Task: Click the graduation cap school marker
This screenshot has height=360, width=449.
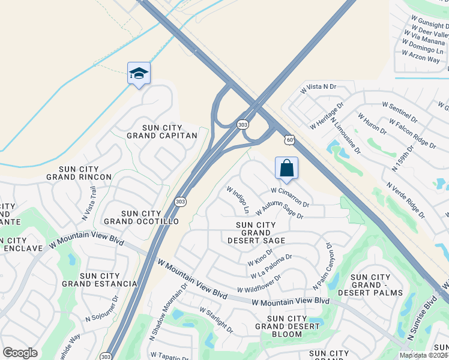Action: pos(139,74)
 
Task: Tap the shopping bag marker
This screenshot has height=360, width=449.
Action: pos(287,168)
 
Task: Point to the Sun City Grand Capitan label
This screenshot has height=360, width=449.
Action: pos(161,131)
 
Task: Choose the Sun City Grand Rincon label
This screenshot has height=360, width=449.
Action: pos(79,173)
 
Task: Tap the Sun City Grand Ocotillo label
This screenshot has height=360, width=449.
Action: pos(150,217)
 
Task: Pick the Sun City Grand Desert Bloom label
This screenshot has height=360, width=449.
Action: pos(287,323)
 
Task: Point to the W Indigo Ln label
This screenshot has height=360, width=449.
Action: pos(237,199)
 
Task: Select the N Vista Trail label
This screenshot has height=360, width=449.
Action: pos(89,203)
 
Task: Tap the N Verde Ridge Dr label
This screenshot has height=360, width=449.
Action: pos(406,200)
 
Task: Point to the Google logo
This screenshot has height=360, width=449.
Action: pos(20,353)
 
